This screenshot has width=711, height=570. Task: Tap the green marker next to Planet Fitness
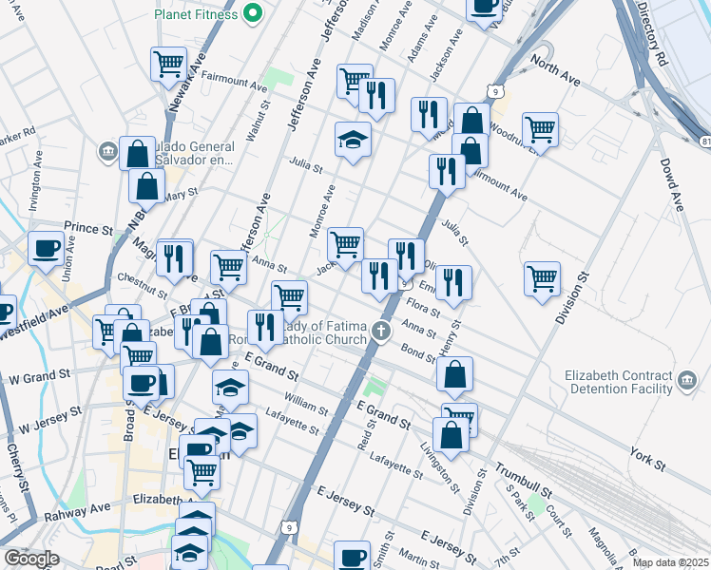pyautogui.click(x=252, y=13)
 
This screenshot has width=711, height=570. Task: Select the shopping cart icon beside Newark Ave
pyautogui.click(x=168, y=65)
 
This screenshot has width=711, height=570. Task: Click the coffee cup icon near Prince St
pyautogui.click(x=46, y=249)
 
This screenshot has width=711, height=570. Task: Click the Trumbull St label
pyautogui.click(x=523, y=482)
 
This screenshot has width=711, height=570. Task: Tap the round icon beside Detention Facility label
pyautogui.click(x=687, y=382)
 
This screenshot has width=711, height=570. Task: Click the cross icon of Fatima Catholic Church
pyautogui.click(x=381, y=332)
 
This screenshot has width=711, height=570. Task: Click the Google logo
pyautogui.click(x=31, y=559)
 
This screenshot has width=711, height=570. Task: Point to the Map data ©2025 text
pyautogui.click(x=670, y=562)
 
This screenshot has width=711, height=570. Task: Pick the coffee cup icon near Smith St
pyautogui.click(x=353, y=557)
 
